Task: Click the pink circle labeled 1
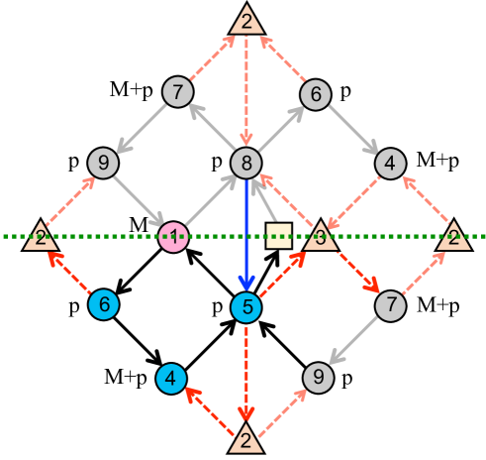[174, 237]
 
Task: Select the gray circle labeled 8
[245, 162]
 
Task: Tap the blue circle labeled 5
[245, 307]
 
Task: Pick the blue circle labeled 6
[103, 304]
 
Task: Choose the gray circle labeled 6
[315, 94]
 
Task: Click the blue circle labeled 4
[172, 378]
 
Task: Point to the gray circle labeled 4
[391, 162]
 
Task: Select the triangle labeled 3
[320, 237]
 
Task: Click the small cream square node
[279, 236]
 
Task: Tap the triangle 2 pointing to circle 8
[245, 20]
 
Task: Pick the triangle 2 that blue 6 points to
[41, 236]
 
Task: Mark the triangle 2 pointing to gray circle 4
[453, 236]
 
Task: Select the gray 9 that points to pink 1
[103, 162]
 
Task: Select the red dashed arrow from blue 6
[72, 271]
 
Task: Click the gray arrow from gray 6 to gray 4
[353, 129]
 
